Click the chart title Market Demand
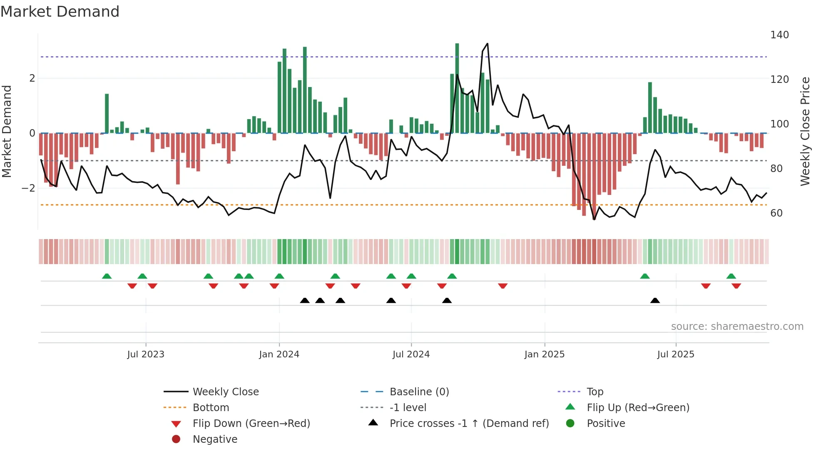[60, 12]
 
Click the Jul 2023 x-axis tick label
[146, 354]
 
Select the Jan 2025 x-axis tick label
[544, 354]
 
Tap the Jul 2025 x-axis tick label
[675, 354]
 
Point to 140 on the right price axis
[779, 35]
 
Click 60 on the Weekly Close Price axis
[776, 213]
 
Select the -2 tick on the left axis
[28, 188]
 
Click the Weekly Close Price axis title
[805, 131]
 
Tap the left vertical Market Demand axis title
[7, 131]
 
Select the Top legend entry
[595, 392]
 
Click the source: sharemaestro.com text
[737, 327]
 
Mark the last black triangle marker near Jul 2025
[655, 301]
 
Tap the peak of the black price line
[488, 44]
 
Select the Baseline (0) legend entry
[419, 392]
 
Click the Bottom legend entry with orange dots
[211, 408]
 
